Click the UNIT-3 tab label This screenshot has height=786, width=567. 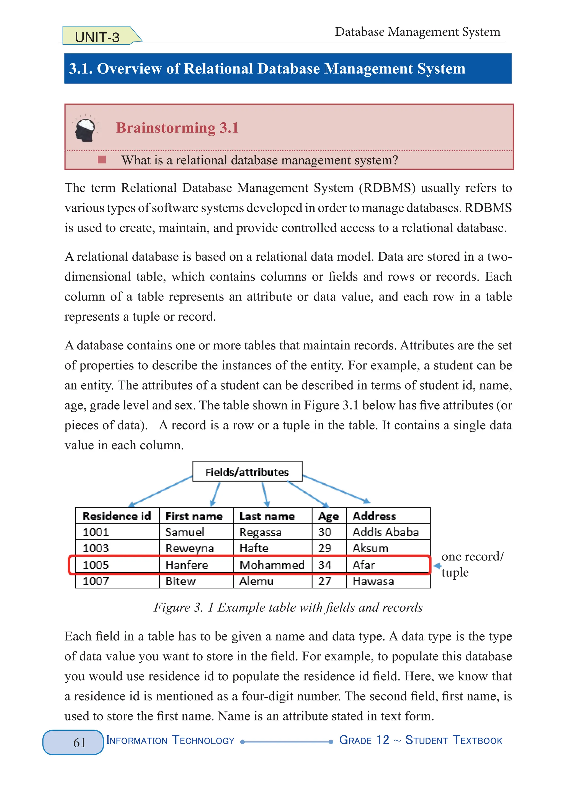coord(97,37)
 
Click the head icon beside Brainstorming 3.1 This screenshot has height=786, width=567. coord(85,129)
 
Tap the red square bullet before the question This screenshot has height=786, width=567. coord(102,159)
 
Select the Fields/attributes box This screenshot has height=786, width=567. coord(247,472)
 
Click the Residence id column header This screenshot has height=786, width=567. coord(117,516)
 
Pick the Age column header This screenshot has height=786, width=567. coord(328,516)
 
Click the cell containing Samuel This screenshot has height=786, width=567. coord(185,532)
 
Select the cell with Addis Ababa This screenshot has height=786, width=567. coord(386,532)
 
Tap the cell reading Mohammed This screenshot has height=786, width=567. coord(272,565)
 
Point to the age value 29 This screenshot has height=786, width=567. coord(324,548)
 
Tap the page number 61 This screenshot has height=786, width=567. coord(79,742)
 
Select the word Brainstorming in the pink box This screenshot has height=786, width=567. coord(165,128)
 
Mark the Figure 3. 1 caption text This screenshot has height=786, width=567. coord(288,608)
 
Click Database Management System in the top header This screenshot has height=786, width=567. coord(417,32)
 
